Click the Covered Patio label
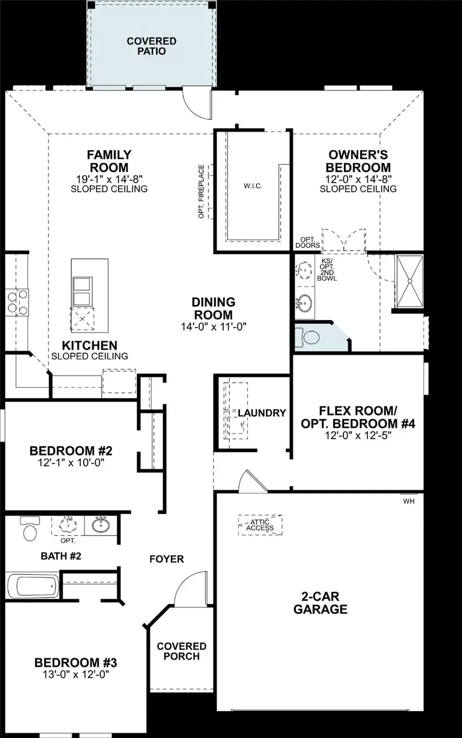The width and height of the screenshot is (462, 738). [151, 46]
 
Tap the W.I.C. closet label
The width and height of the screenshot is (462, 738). [253, 186]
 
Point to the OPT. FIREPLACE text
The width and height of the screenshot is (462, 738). [202, 191]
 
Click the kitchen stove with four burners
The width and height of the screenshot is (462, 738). [17, 302]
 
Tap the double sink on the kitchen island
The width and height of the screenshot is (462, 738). [83, 291]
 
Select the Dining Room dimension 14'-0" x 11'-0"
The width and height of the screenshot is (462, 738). [214, 327]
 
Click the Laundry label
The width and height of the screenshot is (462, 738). [261, 413]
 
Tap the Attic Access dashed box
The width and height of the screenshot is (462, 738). [260, 525]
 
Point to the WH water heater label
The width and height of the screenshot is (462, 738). [409, 501]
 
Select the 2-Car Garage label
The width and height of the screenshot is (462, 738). [320, 603]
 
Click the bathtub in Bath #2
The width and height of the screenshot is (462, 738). [33, 585]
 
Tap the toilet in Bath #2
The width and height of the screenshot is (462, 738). [30, 529]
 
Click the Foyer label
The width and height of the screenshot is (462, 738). [166, 559]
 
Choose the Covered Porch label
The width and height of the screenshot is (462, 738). [182, 651]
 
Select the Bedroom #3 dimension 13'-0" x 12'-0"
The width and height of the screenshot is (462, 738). [75, 674]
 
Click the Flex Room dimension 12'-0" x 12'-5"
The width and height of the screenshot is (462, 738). [358, 436]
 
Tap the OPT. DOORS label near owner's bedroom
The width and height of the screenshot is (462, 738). [307, 242]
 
